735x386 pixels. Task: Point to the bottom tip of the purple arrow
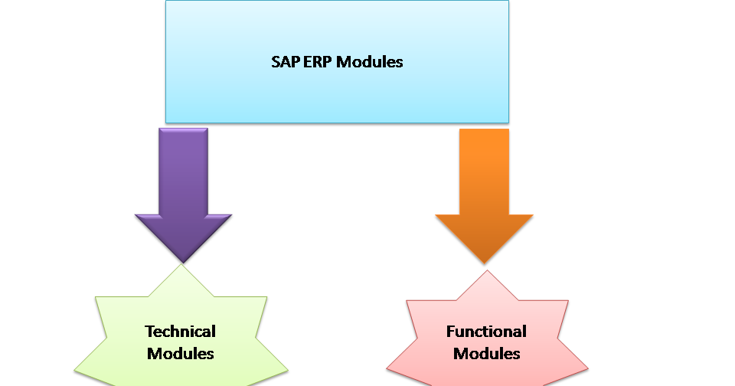(183, 263)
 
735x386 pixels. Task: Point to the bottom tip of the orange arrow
(484, 264)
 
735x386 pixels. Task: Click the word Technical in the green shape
(181, 332)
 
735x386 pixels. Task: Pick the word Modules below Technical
(181, 353)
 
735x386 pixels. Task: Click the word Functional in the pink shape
(486, 332)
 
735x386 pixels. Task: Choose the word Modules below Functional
(486, 353)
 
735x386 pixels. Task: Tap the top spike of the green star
(181, 266)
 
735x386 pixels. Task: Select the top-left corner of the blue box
(166, 2)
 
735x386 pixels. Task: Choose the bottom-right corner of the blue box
(508, 122)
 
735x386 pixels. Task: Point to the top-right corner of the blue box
(508, 2)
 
